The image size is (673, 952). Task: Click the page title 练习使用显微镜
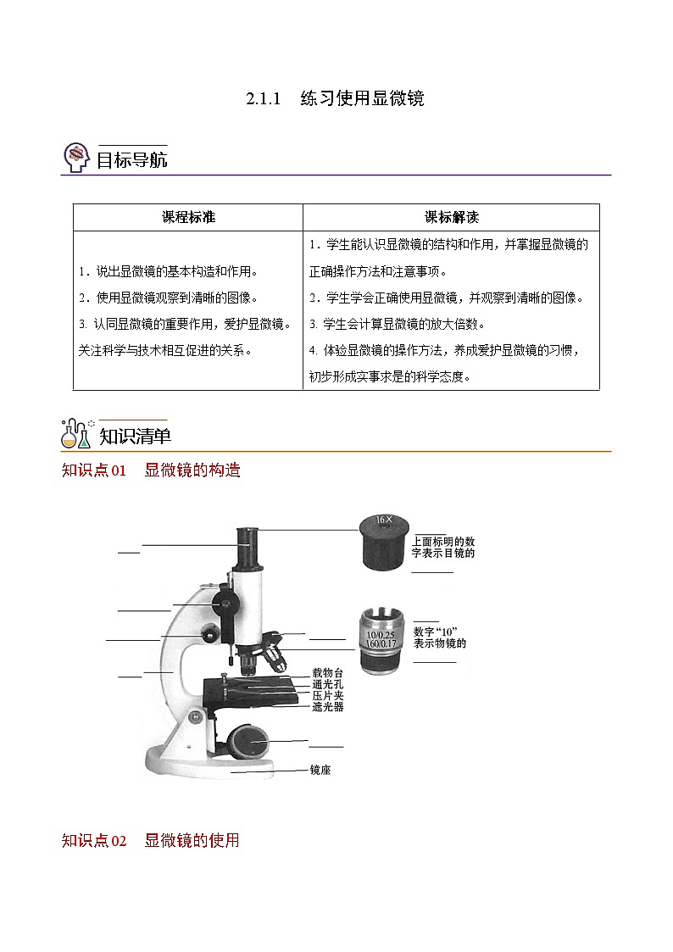pyautogui.click(x=362, y=98)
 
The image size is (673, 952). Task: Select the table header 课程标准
pyautogui.click(x=188, y=217)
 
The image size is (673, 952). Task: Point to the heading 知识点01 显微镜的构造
pyautogui.click(x=151, y=470)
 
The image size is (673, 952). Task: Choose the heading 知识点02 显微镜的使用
pyautogui.click(x=151, y=841)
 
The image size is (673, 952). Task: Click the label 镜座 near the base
pyautogui.click(x=320, y=770)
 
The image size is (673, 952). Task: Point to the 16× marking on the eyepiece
pyautogui.click(x=383, y=520)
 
